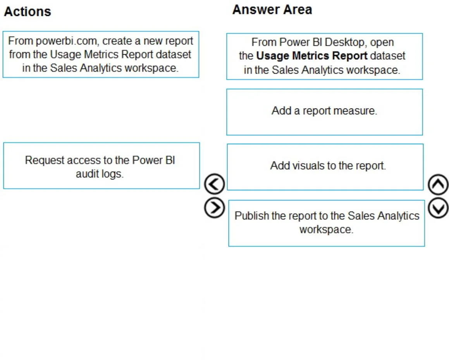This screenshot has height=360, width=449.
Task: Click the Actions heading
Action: (x=28, y=12)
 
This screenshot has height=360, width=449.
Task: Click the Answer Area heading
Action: (x=272, y=10)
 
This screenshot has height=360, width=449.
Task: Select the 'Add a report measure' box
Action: (x=324, y=112)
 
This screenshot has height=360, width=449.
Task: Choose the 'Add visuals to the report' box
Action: (x=325, y=167)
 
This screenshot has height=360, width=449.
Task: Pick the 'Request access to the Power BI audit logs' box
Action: (x=101, y=165)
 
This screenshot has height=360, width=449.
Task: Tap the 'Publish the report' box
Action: (x=327, y=223)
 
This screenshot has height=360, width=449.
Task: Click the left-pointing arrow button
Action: (x=215, y=184)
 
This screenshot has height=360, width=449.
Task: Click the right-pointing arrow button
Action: (x=215, y=208)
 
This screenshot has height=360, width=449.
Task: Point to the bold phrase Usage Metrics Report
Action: (x=311, y=56)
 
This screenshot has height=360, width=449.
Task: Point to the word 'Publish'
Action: (x=252, y=216)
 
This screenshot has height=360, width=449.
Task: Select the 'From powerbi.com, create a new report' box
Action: (x=101, y=54)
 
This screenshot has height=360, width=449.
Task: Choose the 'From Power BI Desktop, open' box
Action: (x=324, y=57)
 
